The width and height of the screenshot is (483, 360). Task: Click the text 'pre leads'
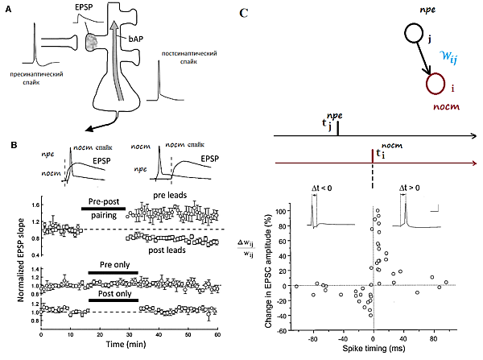(x=168, y=195)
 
